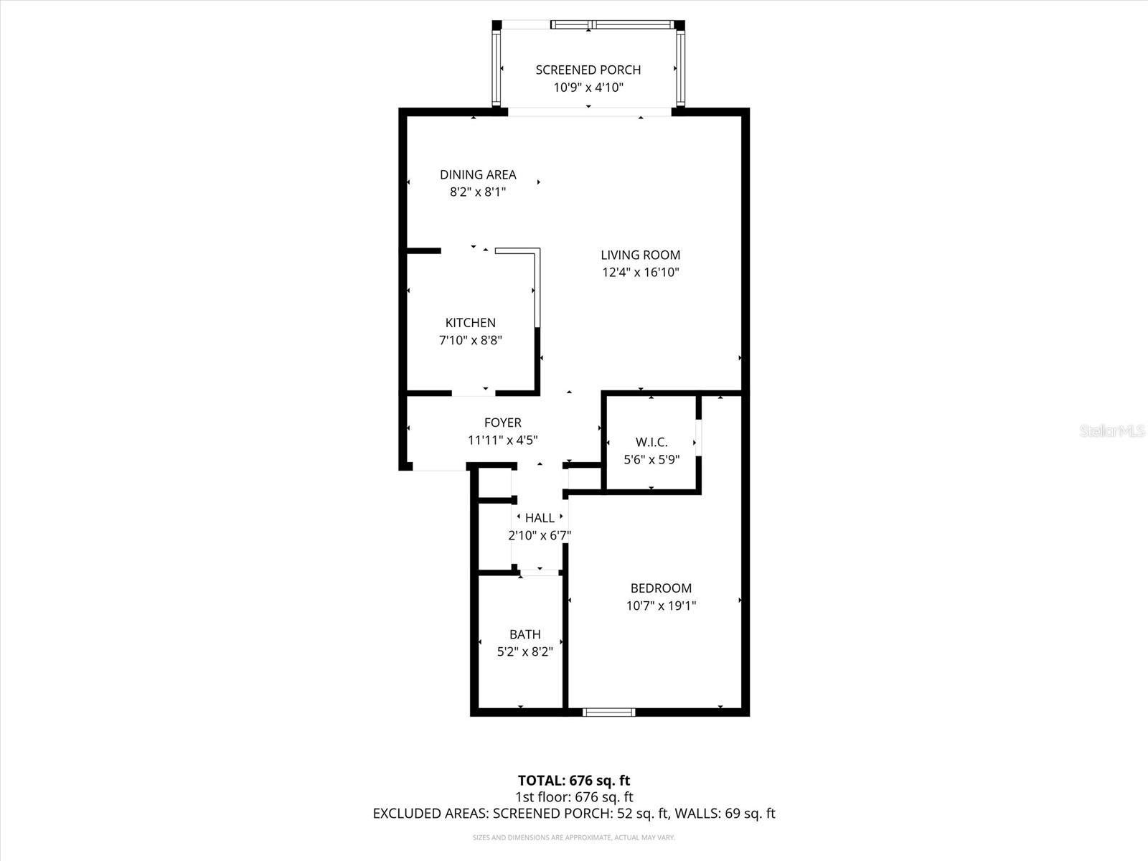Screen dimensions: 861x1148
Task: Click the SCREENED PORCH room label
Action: point(588,70)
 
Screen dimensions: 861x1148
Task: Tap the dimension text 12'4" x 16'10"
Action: point(640,273)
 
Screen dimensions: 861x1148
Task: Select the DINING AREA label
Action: point(478,174)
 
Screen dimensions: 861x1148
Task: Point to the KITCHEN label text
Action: point(470,323)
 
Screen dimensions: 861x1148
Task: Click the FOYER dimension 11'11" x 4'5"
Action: point(502,441)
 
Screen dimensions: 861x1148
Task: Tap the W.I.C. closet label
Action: point(651,442)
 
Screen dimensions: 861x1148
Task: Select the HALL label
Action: point(540,518)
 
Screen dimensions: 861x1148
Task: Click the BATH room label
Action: point(524,634)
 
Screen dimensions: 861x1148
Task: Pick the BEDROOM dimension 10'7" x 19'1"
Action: point(661,606)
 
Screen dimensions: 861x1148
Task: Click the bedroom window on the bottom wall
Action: point(608,712)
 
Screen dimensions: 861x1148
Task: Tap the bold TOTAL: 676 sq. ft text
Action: point(574,780)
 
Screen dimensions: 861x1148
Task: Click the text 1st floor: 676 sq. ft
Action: point(574,797)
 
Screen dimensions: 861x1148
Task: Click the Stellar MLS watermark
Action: point(1111,431)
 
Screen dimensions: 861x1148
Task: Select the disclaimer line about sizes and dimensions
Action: point(574,837)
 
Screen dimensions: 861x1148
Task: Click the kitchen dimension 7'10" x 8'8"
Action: point(470,340)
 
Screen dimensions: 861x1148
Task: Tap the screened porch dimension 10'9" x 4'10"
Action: point(588,88)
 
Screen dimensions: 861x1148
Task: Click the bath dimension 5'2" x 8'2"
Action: point(524,652)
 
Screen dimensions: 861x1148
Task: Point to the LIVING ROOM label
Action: point(640,255)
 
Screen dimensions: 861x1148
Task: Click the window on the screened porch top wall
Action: point(614,25)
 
